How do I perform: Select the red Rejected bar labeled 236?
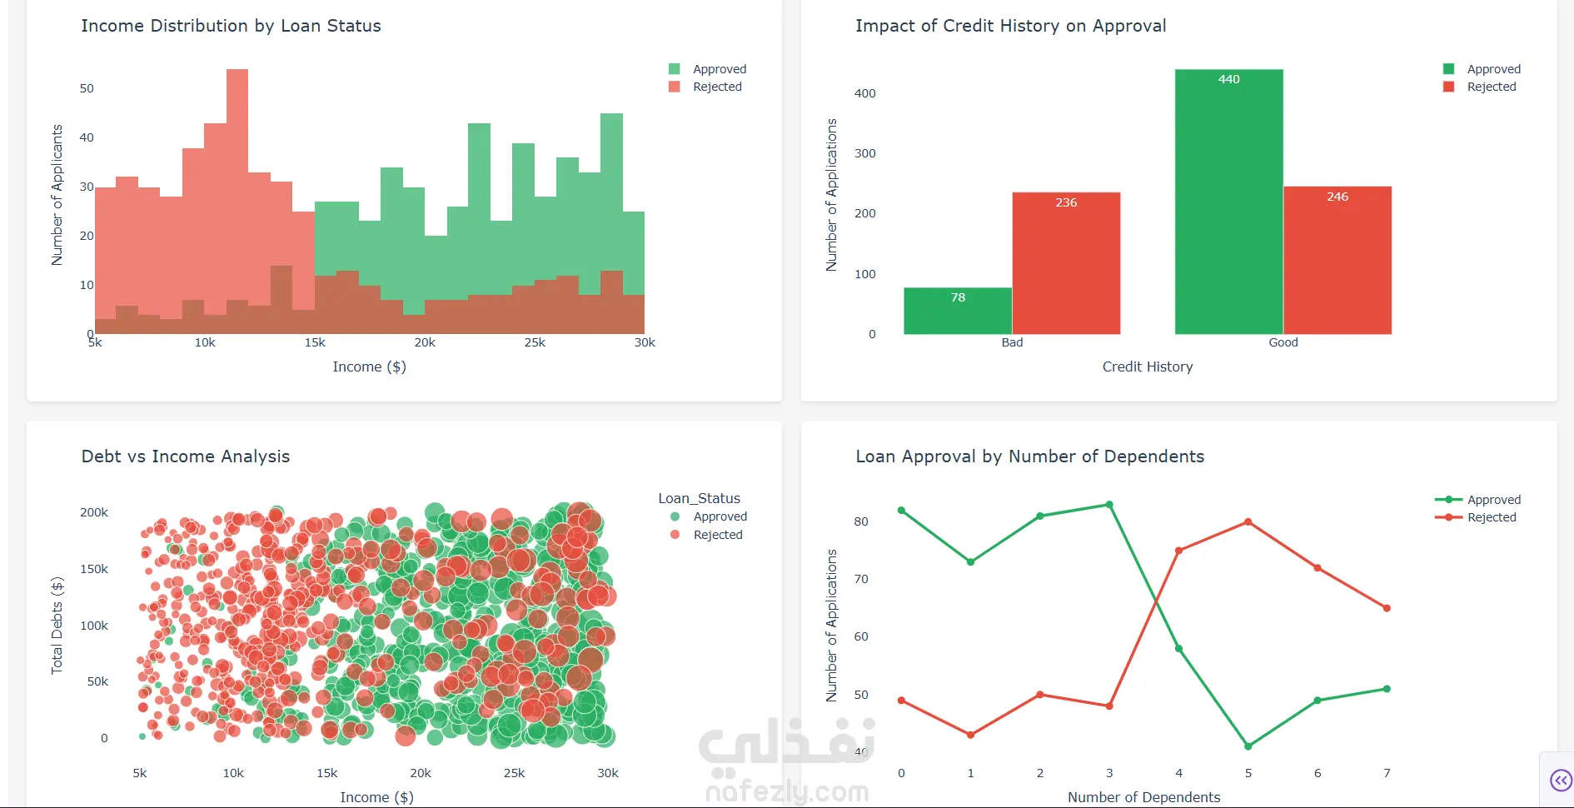click(1066, 263)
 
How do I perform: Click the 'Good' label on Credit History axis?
click(1283, 342)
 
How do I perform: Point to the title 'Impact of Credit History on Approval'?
click(1010, 26)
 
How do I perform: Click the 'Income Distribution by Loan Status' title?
click(231, 26)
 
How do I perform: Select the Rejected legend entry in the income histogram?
click(716, 87)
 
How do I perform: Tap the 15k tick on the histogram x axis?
click(315, 342)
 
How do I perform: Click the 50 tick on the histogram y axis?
click(87, 88)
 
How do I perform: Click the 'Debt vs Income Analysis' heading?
click(186, 456)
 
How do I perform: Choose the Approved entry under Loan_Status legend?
click(720, 516)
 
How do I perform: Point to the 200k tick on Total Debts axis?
click(94, 512)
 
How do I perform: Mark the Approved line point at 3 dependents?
click(1109, 505)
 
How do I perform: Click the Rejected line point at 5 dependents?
click(1248, 522)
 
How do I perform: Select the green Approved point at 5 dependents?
click(1248, 746)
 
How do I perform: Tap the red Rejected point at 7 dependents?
click(1387, 608)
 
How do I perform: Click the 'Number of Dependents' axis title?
click(1143, 797)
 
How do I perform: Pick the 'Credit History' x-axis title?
click(1147, 367)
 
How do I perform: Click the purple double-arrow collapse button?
click(1560, 781)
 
